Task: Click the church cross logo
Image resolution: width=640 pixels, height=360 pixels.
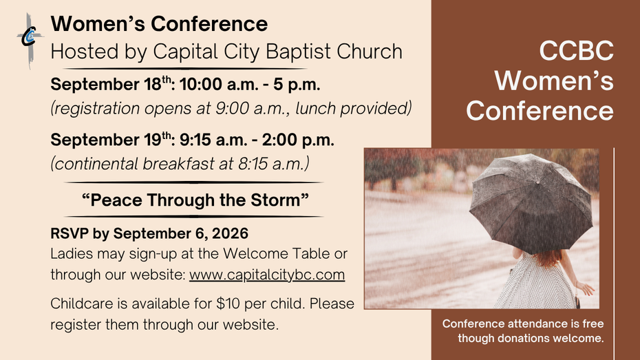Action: pyautogui.click(x=30, y=41)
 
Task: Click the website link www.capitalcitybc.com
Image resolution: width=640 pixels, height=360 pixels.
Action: pyautogui.click(x=267, y=275)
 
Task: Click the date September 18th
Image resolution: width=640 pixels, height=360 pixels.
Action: pyautogui.click(x=111, y=84)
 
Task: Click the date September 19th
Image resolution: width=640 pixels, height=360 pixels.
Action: pyautogui.click(x=111, y=139)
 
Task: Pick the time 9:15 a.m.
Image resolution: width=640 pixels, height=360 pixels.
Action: pyautogui.click(x=213, y=140)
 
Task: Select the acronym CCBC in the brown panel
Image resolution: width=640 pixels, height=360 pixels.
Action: pyautogui.click(x=576, y=51)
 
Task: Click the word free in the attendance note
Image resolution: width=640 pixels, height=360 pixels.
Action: pyautogui.click(x=593, y=324)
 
